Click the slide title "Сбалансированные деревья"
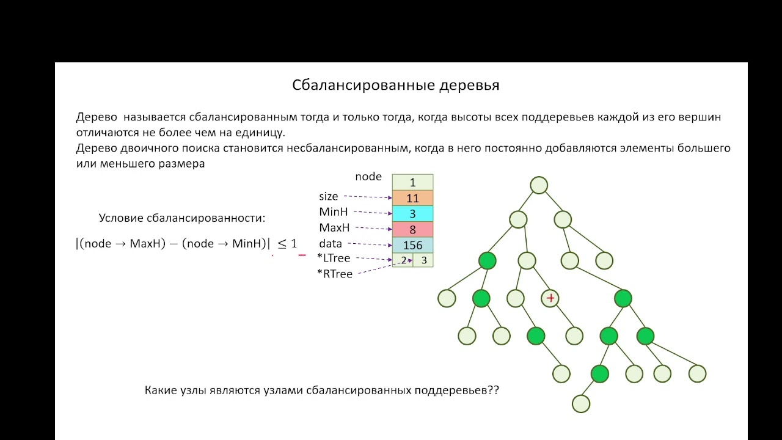(x=395, y=85)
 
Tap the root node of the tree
(x=539, y=185)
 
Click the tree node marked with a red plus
(x=550, y=298)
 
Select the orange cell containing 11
(x=412, y=198)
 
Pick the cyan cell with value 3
(x=412, y=214)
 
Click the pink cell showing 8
(x=412, y=230)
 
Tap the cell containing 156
(x=412, y=245)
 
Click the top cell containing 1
(x=412, y=182)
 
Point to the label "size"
(x=328, y=197)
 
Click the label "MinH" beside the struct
(x=334, y=212)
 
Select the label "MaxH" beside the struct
(x=334, y=228)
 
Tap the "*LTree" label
(x=334, y=258)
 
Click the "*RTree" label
(x=335, y=274)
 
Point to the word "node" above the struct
(x=368, y=177)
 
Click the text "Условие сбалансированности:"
(x=182, y=218)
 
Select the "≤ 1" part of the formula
(x=287, y=243)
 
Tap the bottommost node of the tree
(x=580, y=403)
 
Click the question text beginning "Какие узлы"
(x=322, y=391)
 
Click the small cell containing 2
(x=403, y=260)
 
